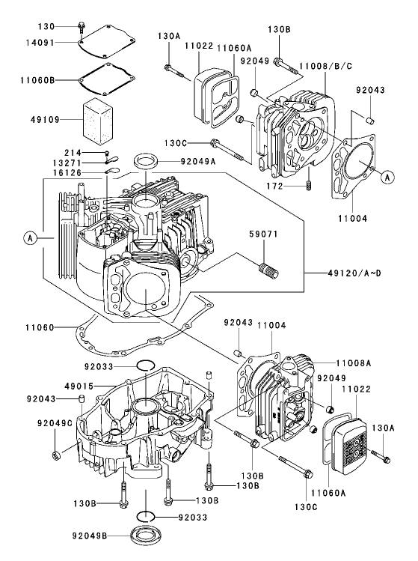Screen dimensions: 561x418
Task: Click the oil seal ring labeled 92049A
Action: tap(146, 161)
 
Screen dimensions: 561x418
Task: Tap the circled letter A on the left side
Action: tap(30, 238)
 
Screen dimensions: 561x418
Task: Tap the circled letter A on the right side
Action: tap(386, 177)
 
